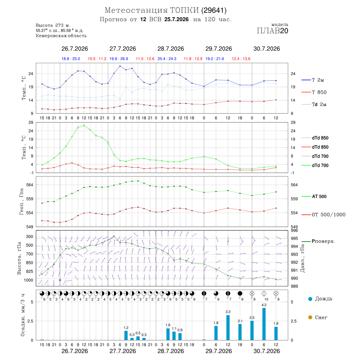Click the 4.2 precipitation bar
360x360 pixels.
click(x=264, y=324)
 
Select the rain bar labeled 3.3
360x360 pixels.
click(x=228, y=328)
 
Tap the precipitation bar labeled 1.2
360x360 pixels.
click(x=126, y=336)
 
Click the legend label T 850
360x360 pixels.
click(x=319, y=92)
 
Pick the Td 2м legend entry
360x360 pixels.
click(x=319, y=104)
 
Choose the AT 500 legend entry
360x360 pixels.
click(x=319, y=196)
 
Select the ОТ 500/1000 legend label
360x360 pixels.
click(x=328, y=215)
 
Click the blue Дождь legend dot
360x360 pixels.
click(x=310, y=299)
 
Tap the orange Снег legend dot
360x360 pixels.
click(x=310, y=318)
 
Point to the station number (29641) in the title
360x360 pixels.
click(x=214, y=10)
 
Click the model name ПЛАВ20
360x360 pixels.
click(x=272, y=31)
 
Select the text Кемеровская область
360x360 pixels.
click(x=61, y=36)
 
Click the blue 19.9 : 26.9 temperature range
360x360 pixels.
click(x=119, y=59)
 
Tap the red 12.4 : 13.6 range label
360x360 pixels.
click(x=241, y=59)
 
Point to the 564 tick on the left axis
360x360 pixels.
click(x=30, y=185)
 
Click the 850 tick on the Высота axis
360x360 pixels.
click(x=29, y=263)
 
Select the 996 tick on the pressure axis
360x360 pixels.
click(x=294, y=230)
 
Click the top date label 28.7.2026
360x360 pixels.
click(x=170, y=49)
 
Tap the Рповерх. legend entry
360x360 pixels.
click(x=324, y=241)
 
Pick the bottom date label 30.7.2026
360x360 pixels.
click(x=266, y=351)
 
